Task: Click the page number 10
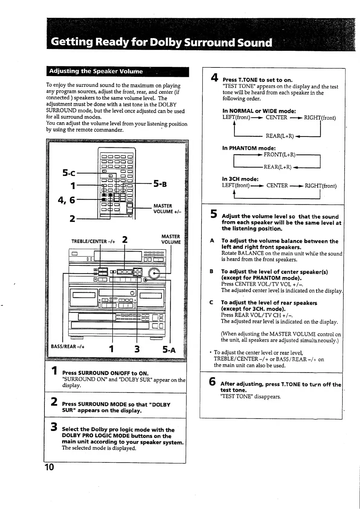click(49, 467)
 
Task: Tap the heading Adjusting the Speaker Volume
click(96, 71)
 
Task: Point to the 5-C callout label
click(69, 173)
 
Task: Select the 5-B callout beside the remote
click(160, 184)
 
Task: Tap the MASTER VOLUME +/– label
click(167, 209)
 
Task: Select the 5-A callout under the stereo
click(169, 350)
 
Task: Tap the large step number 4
click(214, 78)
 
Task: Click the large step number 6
click(212, 382)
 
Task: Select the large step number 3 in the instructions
click(54, 427)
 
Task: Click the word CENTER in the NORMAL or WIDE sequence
click(276, 118)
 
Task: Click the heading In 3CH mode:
click(240, 179)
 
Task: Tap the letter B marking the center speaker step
click(212, 272)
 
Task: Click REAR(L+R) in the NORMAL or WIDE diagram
click(280, 136)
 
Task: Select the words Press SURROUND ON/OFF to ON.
click(105, 373)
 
